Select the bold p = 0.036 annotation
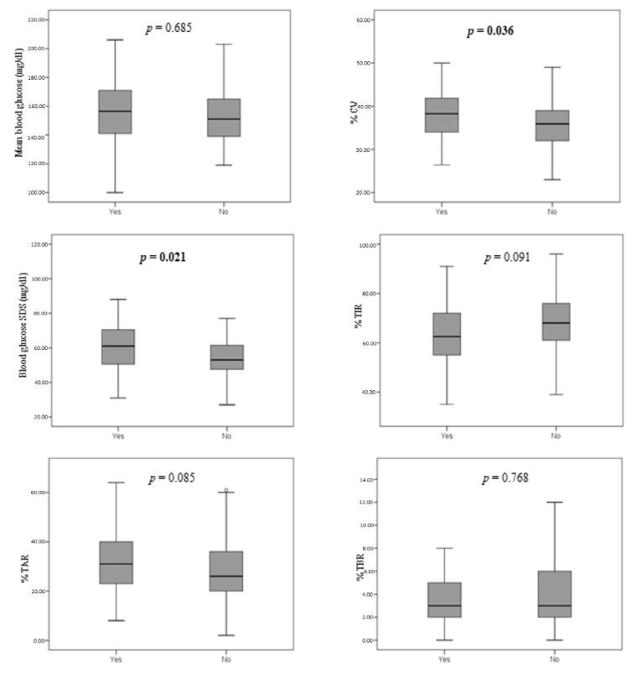point(491,31)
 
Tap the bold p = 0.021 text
point(162,257)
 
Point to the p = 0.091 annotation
point(506,257)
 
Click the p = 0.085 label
point(173,478)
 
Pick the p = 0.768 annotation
point(505,479)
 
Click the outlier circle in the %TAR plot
point(225,490)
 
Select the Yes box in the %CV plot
point(442,114)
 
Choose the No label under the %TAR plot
point(225,660)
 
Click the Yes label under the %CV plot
point(442,211)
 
